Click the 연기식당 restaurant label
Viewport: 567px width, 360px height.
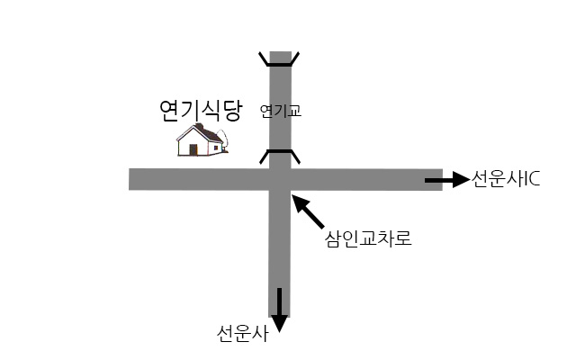tap(201, 110)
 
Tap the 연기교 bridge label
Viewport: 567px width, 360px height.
tap(281, 111)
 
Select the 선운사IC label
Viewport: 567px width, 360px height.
tap(506, 179)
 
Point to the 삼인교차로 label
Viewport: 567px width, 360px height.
tap(368, 238)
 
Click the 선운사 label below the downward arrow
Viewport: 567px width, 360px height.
tap(243, 334)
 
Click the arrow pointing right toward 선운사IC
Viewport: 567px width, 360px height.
tap(447, 180)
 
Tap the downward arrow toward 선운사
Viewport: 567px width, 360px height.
tap(279, 310)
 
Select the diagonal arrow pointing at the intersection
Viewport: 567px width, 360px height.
tap(308, 211)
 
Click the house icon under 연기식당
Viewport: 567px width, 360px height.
tap(202, 139)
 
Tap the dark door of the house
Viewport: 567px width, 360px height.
tap(193, 150)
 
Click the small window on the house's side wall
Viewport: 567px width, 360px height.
tap(216, 148)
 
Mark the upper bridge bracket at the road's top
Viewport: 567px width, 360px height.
tap(279, 59)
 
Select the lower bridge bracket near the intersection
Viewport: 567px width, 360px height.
tap(280, 157)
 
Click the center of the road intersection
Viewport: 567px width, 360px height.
tap(280, 179)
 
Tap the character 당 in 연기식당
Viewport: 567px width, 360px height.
tap(231, 110)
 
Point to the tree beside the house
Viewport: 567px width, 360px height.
tap(224, 140)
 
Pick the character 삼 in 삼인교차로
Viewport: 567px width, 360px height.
tap(333, 238)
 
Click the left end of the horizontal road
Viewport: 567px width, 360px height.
tap(130, 179)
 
